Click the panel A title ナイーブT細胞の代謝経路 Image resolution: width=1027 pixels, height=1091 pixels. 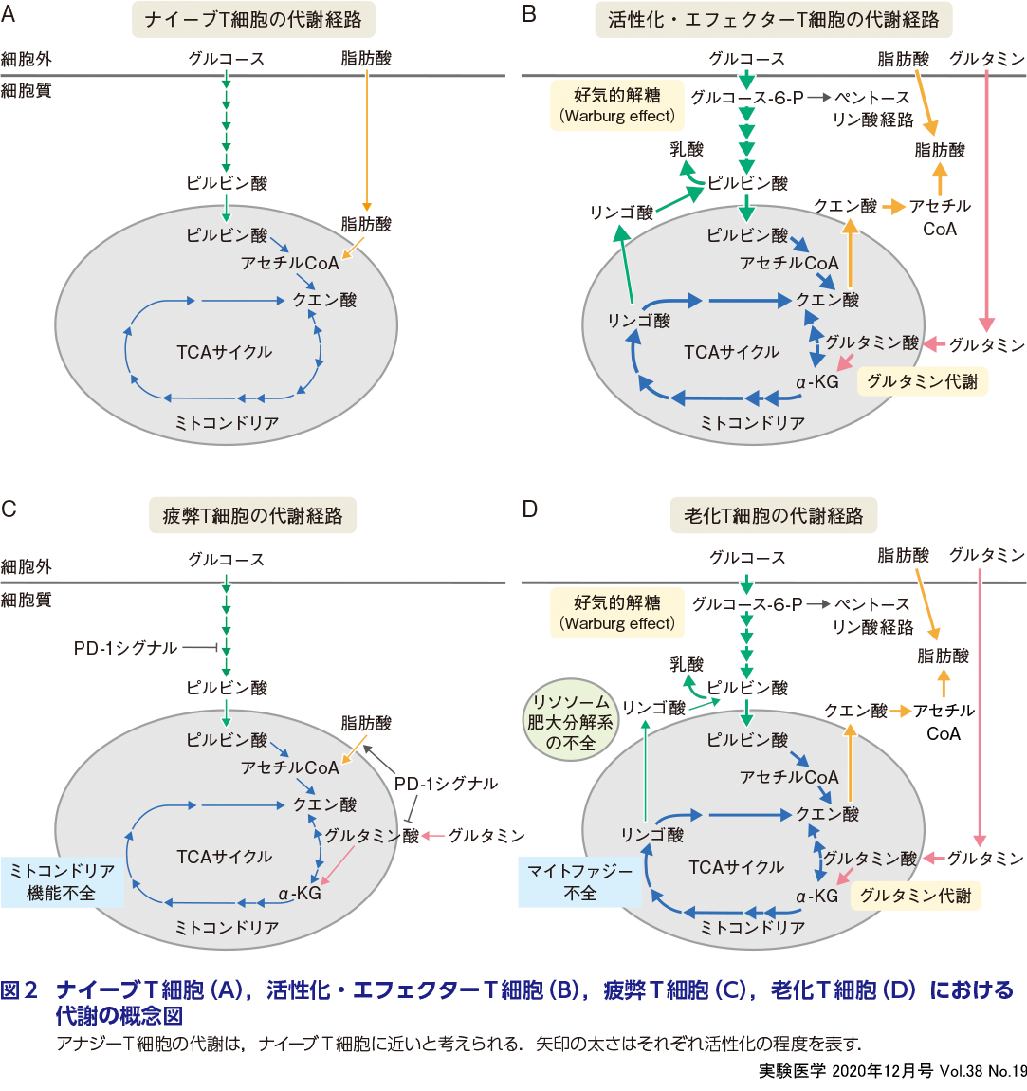253,20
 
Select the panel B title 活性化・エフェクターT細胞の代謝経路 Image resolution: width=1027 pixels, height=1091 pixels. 773,20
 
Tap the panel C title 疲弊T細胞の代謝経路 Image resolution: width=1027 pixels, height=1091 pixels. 252,516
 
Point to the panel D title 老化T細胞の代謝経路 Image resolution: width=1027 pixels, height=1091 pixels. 773,516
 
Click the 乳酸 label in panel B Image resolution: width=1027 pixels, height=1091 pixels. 687,150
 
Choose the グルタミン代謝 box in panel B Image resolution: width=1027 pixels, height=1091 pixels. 922,381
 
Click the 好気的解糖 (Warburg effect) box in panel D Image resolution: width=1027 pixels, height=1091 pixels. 617,612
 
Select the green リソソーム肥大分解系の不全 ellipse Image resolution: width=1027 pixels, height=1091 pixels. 571,723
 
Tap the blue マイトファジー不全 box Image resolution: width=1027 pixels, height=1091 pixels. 579,881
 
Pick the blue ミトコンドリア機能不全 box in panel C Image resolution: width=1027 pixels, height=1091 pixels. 62,881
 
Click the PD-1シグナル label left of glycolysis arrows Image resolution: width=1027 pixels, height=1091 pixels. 125,648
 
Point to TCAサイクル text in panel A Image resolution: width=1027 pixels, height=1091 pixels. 224,352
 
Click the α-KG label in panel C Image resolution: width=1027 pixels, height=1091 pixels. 300,893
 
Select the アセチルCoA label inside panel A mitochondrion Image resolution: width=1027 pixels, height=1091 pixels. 289,263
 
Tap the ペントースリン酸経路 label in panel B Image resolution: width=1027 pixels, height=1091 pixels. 872,108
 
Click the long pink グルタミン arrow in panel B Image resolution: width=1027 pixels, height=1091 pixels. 988,199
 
